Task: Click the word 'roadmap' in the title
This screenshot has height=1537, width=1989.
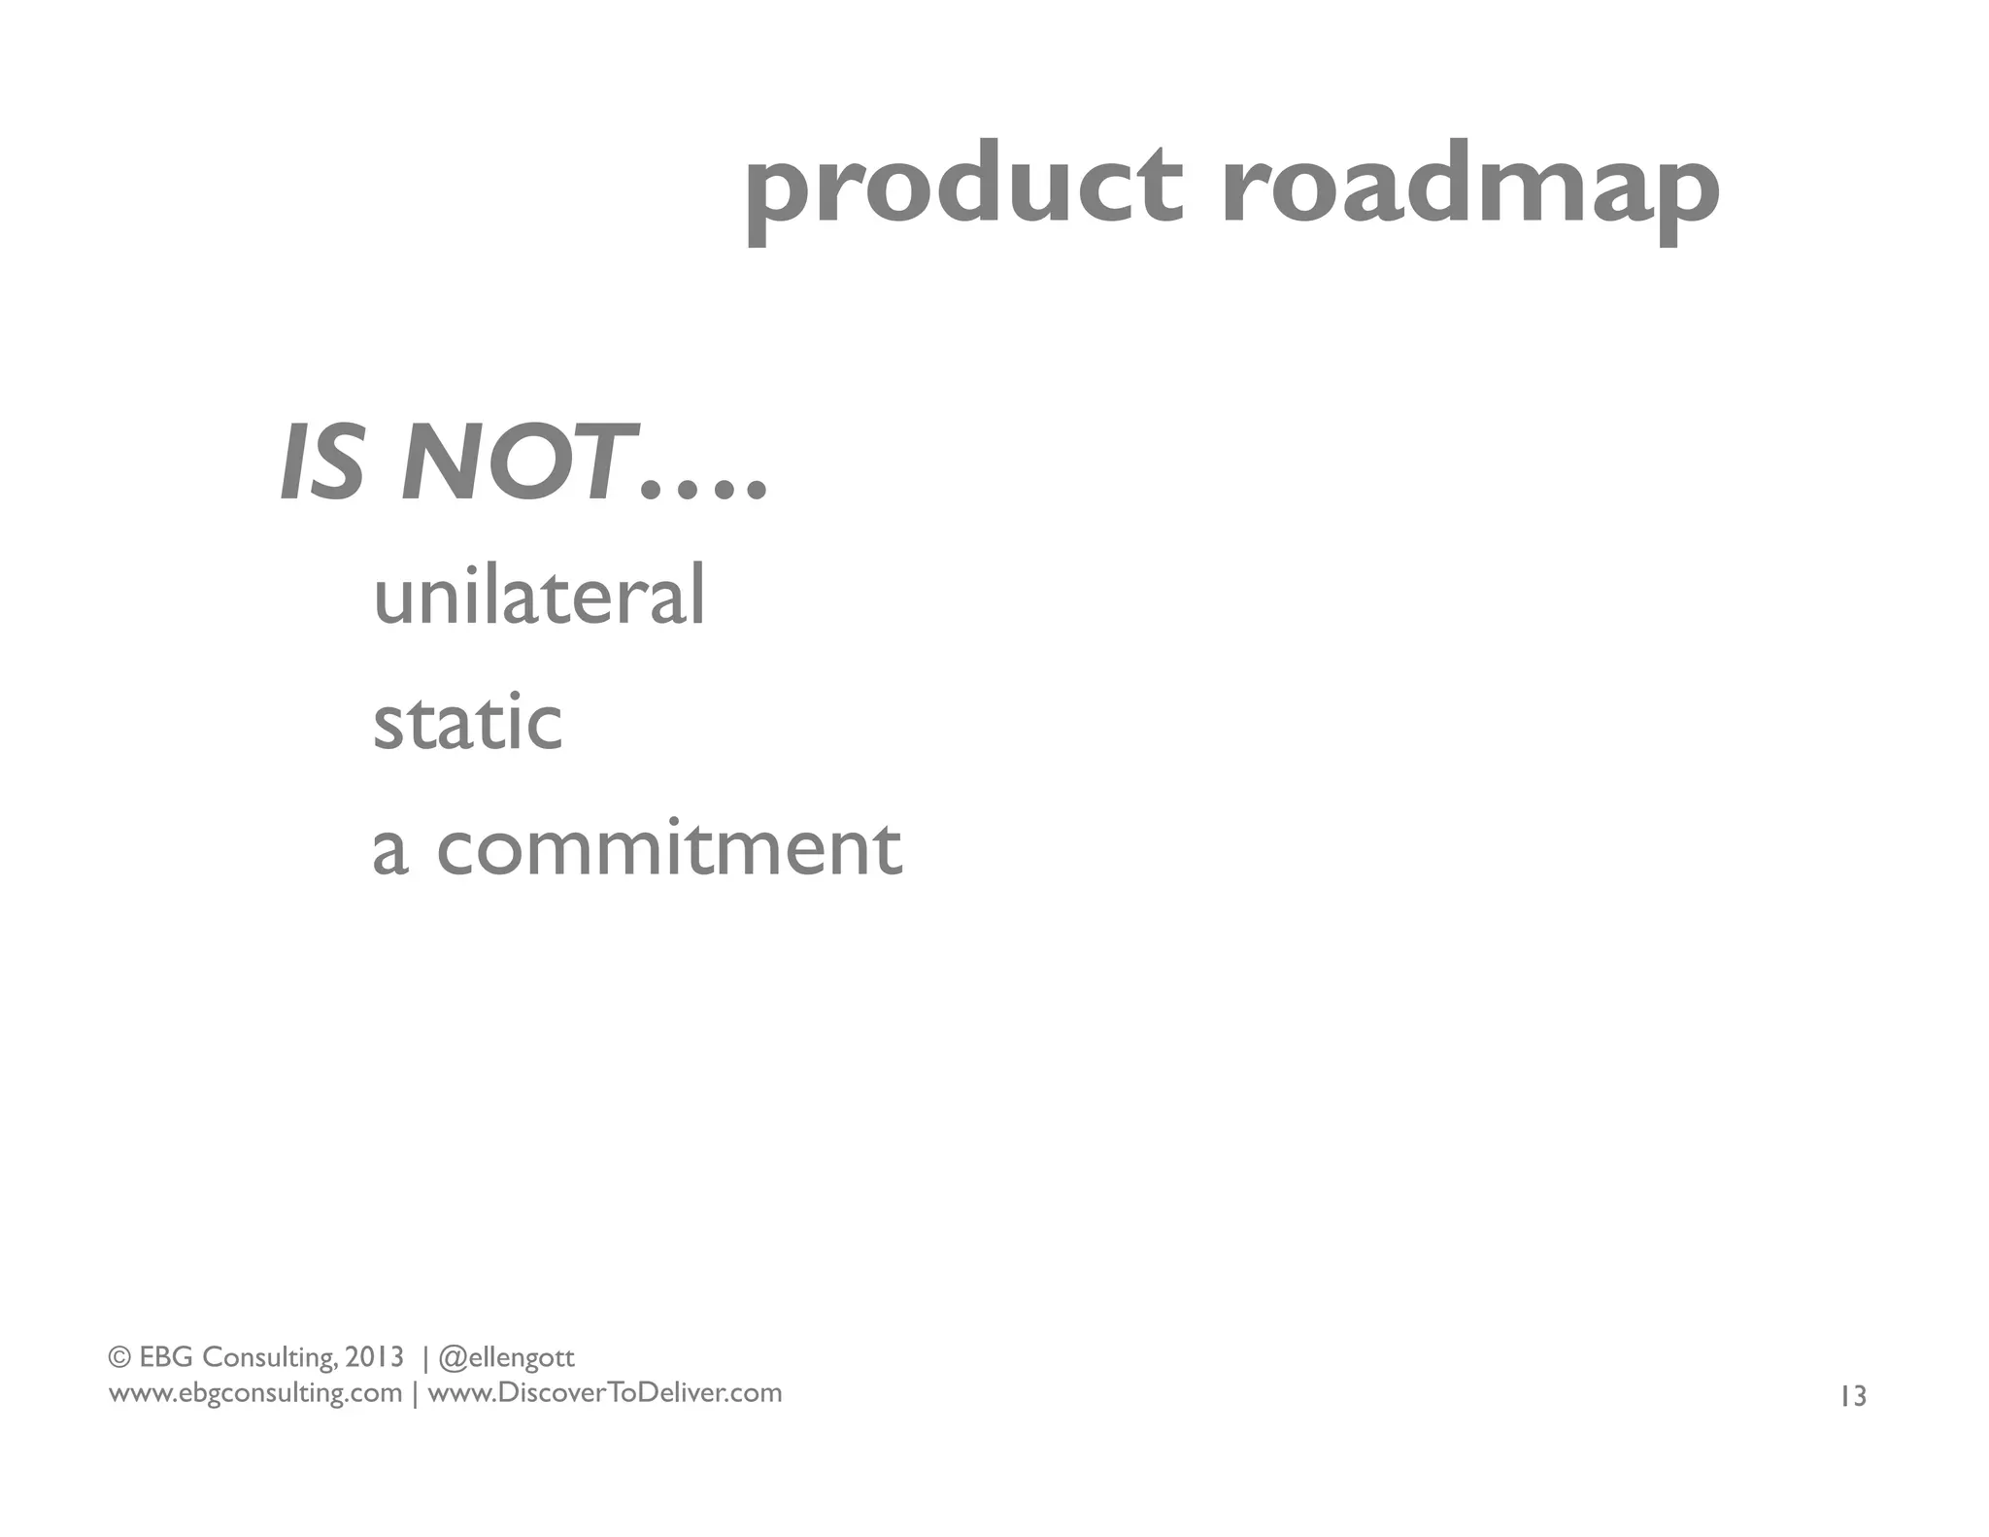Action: [1468, 190]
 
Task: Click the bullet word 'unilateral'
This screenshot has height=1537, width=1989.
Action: [539, 596]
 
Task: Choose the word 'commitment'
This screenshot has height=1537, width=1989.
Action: [669, 848]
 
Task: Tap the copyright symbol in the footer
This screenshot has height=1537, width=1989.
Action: [119, 1356]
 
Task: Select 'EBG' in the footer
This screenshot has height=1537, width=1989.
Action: [166, 1356]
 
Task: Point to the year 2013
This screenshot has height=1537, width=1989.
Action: [374, 1356]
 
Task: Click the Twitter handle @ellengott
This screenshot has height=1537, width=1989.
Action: [507, 1357]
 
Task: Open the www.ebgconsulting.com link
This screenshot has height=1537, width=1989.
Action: [254, 1393]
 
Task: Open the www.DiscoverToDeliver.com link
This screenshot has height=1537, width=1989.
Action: [604, 1393]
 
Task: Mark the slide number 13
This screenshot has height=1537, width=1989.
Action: [1852, 1397]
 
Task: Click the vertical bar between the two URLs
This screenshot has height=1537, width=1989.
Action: [416, 1394]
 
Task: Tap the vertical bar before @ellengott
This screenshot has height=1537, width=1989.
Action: [424, 1357]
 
